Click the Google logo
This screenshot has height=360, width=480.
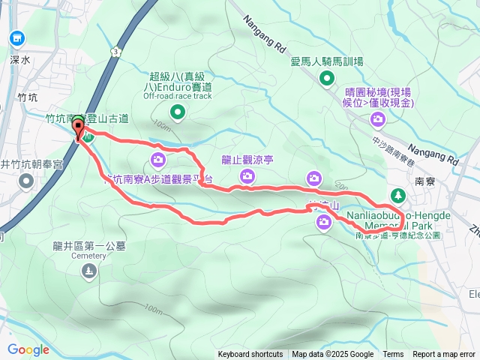click(28, 349)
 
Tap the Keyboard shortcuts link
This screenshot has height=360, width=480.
click(250, 355)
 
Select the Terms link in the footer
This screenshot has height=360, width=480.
click(393, 355)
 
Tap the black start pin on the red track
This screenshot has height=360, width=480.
click(79, 128)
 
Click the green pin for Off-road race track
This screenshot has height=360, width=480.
click(178, 112)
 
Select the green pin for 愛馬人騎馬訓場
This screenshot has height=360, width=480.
click(326, 78)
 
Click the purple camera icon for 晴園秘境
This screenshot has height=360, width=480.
click(379, 118)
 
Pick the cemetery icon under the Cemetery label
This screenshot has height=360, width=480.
click(89, 271)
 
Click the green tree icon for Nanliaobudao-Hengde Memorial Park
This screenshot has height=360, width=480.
click(397, 197)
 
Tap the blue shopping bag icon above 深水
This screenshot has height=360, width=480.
click(17, 37)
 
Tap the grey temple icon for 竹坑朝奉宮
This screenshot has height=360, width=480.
click(27, 181)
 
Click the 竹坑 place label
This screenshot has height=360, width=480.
click(28, 97)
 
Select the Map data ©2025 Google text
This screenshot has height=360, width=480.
click(332, 355)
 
